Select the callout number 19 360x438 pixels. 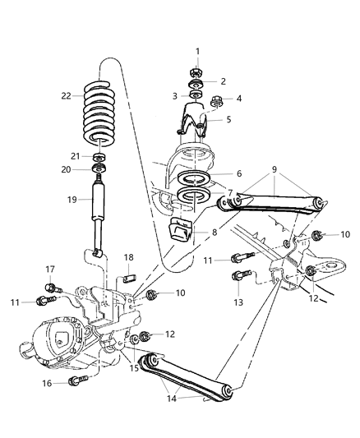pyautogui.click(x=72, y=198)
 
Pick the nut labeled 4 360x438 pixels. pyautogui.click(x=218, y=103)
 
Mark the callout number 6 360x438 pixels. pyautogui.click(x=238, y=174)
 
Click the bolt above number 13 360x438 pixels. pyautogui.click(x=238, y=278)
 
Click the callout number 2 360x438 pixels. pyautogui.click(x=224, y=81)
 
